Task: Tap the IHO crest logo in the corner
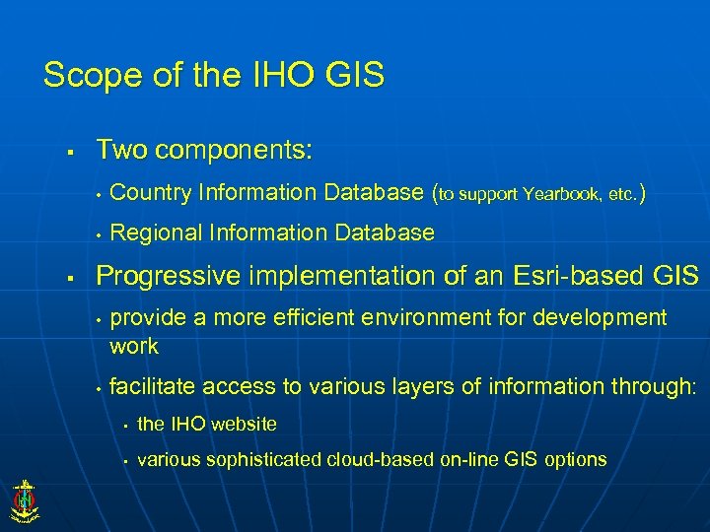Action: coord(23,499)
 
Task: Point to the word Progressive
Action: coord(167,276)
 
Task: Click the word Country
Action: coord(151,192)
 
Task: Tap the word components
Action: coord(234,150)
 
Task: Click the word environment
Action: coord(441,317)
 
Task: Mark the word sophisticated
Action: coord(260,459)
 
